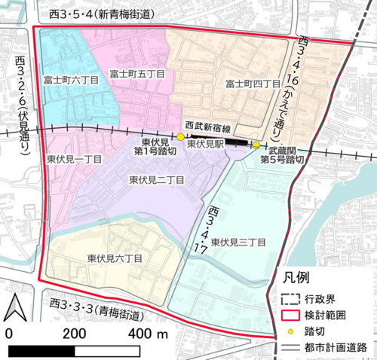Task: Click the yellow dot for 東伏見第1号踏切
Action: point(180,137)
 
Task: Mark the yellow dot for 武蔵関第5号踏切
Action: point(256,145)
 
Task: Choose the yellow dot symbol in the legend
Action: point(292,329)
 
